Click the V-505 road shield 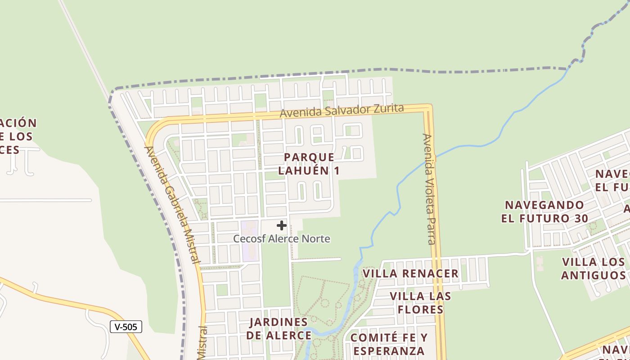click(x=126, y=327)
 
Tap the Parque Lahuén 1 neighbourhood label click(x=309, y=164)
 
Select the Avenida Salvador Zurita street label click(x=342, y=111)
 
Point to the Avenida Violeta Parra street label click(x=429, y=189)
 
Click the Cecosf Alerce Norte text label click(x=282, y=238)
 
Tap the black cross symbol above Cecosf click(x=282, y=225)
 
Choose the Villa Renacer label click(x=410, y=274)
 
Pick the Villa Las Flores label click(x=420, y=303)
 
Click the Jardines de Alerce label click(x=279, y=328)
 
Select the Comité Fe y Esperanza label click(x=389, y=344)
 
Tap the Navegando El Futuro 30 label click(x=544, y=211)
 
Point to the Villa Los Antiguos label click(x=594, y=268)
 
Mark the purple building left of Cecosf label click(x=249, y=241)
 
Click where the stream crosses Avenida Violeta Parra click(x=435, y=158)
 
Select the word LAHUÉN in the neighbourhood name click(x=309, y=171)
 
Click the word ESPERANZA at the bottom click(x=389, y=351)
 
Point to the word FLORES click(x=421, y=310)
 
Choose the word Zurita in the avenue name click(x=388, y=108)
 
